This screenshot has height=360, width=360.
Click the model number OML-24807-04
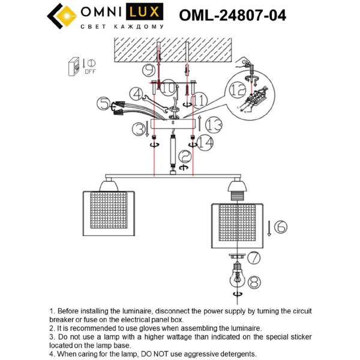coord(232,14)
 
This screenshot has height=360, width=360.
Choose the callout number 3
coord(140,128)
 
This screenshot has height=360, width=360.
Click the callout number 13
coord(214,125)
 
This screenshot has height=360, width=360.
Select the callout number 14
coord(206,143)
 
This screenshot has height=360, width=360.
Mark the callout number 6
coord(281,227)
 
